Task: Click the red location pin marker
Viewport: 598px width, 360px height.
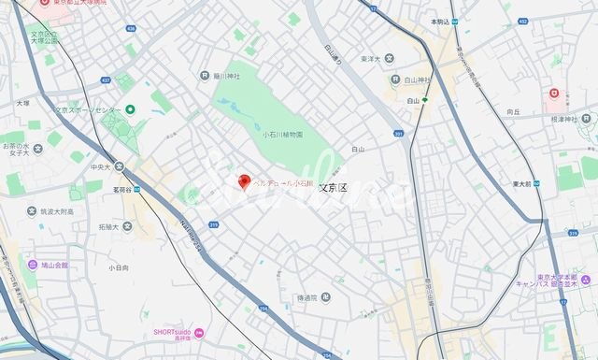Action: [245, 180]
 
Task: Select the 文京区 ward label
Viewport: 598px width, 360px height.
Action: [333, 187]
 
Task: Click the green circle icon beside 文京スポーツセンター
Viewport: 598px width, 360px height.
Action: [130, 110]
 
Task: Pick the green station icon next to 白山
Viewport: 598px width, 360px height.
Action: [425, 99]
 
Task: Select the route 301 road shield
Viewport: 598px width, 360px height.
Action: [399, 134]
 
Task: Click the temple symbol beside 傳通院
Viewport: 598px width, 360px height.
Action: [290, 297]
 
